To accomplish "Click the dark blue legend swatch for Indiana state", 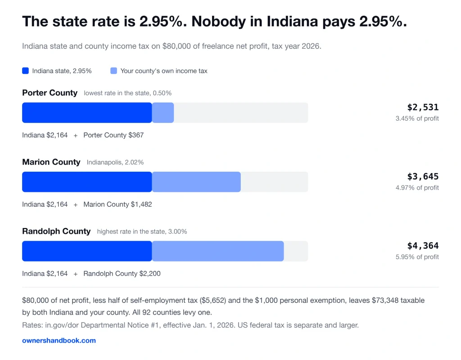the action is (x=25, y=71).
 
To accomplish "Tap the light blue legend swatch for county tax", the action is (x=113, y=71).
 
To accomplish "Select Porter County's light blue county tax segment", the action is (x=163, y=113).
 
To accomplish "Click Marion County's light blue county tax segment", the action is (x=196, y=182).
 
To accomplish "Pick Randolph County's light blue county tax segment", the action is (x=218, y=251).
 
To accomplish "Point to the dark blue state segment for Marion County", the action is (x=87, y=182).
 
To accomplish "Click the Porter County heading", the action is (x=50, y=93).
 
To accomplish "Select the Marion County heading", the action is (x=51, y=162).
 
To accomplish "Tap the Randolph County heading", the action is (x=56, y=231).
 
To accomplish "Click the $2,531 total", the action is (x=423, y=107).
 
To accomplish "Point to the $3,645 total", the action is (x=423, y=177).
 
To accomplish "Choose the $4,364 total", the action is (x=423, y=246).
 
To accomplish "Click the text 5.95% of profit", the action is (x=417, y=257).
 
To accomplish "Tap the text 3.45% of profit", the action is (x=417, y=118).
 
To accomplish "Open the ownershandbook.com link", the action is (x=59, y=341).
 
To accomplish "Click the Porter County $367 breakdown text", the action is (x=113, y=135).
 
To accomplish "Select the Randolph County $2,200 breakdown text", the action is (x=122, y=273).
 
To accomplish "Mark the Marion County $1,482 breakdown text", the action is (x=118, y=204).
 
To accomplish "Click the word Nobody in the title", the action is (x=218, y=22).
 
